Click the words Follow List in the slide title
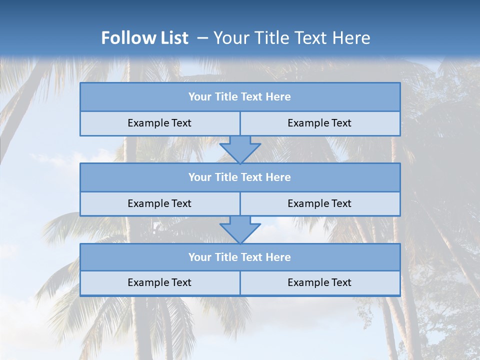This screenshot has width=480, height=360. (144, 38)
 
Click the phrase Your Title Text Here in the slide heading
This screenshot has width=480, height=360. (291, 38)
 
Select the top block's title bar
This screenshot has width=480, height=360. (240, 97)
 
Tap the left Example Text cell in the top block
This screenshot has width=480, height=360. (159, 123)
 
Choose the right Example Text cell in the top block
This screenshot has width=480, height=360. (319, 123)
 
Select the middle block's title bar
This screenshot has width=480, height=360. (240, 177)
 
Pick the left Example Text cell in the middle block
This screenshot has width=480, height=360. (159, 204)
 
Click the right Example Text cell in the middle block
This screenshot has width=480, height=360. (319, 204)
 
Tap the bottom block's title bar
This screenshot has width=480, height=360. (240, 257)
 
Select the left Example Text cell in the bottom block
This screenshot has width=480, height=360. (159, 283)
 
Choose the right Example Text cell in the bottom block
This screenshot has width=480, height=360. (319, 283)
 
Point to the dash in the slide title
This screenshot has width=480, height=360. (202, 38)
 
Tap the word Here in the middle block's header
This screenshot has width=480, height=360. (278, 177)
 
